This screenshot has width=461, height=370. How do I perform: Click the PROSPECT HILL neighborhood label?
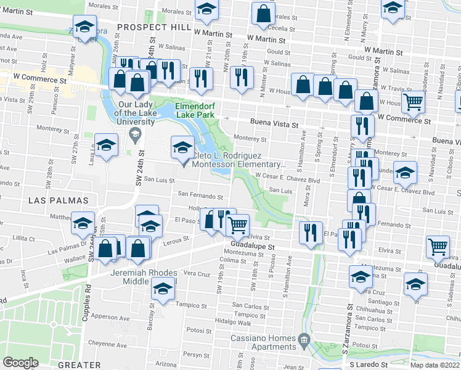pos(154,27)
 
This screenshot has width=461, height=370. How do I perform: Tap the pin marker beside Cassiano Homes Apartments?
pos(303,340)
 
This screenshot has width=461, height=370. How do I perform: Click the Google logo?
pos(20,363)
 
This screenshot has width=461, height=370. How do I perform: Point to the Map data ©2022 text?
pos(434,365)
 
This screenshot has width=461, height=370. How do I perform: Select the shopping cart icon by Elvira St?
pos(237,225)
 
